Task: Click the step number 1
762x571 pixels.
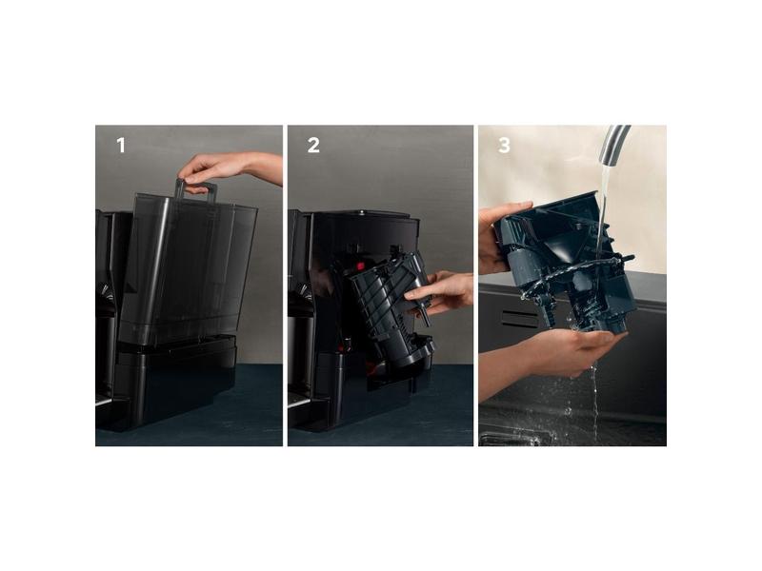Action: tap(121, 146)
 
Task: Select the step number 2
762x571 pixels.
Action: tap(313, 146)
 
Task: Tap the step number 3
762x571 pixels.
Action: tap(505, 146)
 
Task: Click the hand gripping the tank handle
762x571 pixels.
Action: tap(229, 170)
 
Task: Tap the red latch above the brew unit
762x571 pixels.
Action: tap(360, 266)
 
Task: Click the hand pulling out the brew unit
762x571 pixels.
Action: tap(440, 293)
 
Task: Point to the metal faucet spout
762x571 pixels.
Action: tap(614, 145)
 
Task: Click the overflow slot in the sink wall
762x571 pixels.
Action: tap(520, 319)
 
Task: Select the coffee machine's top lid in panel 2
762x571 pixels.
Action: tap(365, 214)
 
